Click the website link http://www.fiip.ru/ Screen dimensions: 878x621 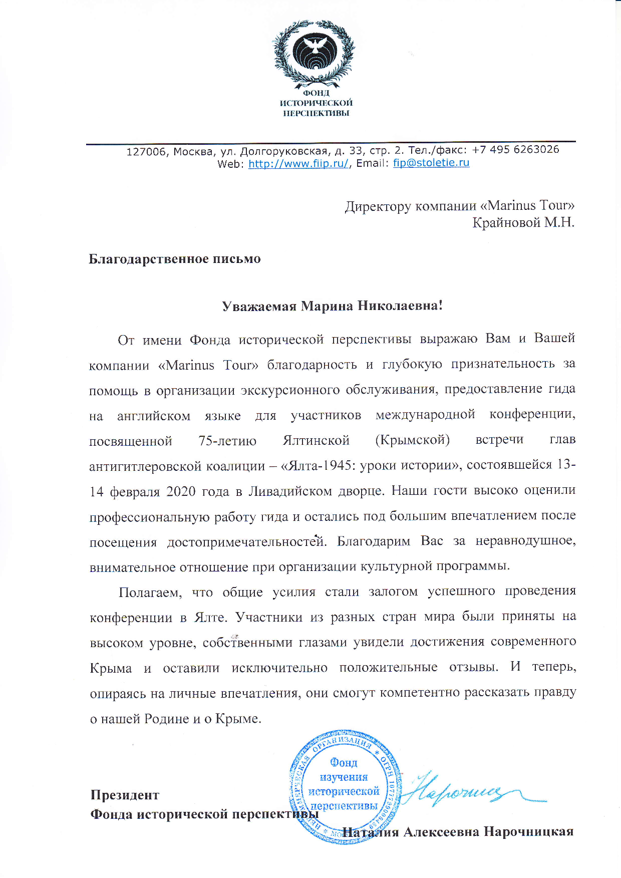pos(298,164)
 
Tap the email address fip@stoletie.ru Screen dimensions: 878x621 pos(431,163)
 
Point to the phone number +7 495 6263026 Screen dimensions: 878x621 pos(515,149)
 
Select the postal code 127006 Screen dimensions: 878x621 pos(145,152)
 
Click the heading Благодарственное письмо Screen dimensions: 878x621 pos(175,259)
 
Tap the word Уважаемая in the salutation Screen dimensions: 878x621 pos(259,306)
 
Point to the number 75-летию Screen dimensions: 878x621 pos(227,441)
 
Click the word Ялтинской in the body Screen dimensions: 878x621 pos(316,440)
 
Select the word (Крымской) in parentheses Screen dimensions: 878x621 pos(412,440)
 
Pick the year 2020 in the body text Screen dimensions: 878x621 pos(181,491)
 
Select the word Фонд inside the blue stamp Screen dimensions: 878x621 pos(344,763)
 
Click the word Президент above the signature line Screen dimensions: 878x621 pos(125,795)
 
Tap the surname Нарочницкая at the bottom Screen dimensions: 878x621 pos(528,832)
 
